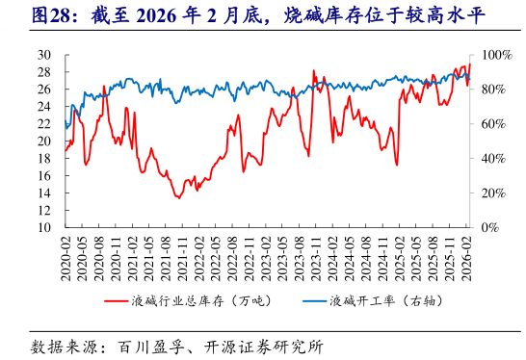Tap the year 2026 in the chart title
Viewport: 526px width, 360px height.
(170, 15)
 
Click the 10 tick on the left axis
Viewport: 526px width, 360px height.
(43, 228)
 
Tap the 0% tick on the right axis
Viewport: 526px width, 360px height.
(489, 228)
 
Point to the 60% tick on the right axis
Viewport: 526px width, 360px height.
(491, 124)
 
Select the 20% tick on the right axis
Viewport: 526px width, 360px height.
(491, 193)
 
